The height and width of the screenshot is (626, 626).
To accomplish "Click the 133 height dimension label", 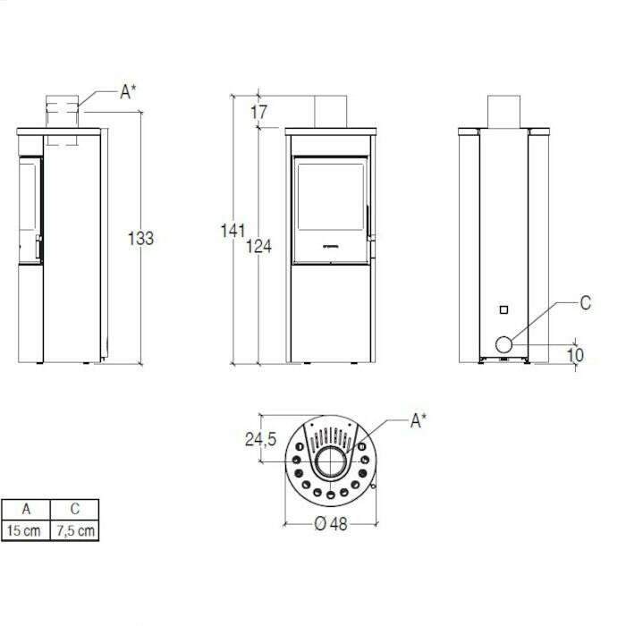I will [x=140, y=239].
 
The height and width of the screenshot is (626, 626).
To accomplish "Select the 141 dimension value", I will [x=233, y=232].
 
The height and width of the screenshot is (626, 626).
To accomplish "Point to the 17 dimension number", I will [x=258, y=113].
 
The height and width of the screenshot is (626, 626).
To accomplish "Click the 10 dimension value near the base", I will [x=575, y=355].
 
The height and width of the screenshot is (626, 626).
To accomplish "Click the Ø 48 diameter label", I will [x=331, y=525].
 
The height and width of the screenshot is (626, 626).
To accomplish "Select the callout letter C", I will [x=586, y=303].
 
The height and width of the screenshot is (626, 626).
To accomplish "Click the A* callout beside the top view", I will [x=419, y=420].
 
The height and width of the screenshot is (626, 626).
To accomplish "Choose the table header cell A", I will [x=26, y=510].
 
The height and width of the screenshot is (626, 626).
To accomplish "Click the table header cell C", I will [x=75, y=510].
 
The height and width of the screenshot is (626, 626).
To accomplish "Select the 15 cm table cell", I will [x=26, y=530].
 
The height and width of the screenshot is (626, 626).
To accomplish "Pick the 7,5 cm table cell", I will [x=75, y=530].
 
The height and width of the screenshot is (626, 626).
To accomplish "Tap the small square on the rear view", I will [x=503, y=309].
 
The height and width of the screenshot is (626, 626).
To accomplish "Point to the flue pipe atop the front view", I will [x=330, y=110].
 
